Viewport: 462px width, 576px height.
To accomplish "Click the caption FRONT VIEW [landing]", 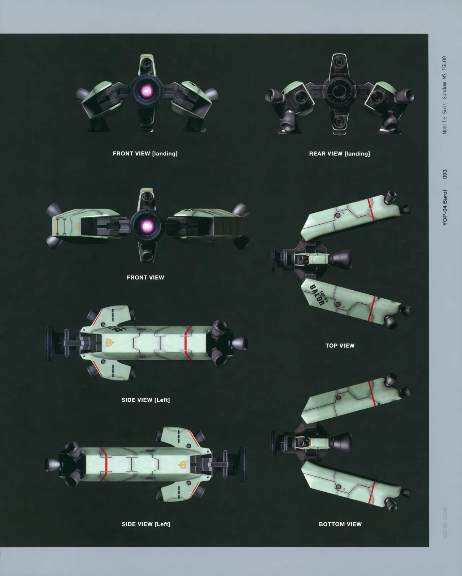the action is [145, 154].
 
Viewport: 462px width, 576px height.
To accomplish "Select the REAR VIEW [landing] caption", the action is [340, 154].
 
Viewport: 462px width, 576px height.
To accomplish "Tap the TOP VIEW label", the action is [340, 346].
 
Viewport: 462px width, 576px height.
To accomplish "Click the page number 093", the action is [445, 174].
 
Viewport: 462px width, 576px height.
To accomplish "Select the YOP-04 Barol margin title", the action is [445, 208].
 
